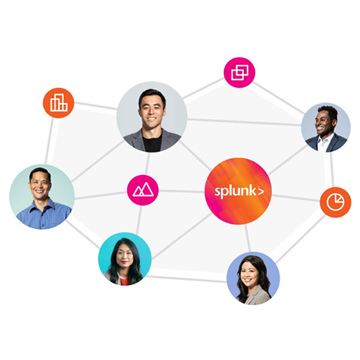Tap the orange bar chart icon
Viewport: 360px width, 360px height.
pyautogui.click(x=58, y=103)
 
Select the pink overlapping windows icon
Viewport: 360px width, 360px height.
pyautogui.click(x=240, y=73)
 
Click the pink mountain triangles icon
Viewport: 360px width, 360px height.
pyautogui.click(x=143, y=190)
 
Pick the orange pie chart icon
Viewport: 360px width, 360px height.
pyautogui.click(x=336, y=202)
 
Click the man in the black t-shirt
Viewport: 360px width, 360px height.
pyautogui.click(x=152, y=117)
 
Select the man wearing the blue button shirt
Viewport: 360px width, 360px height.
pyautogui.click(x=42, y=197)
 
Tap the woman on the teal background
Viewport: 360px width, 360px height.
pyautogui.click(x=125, y=258)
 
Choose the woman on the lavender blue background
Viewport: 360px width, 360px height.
pyautogui.click(x=253, y=279)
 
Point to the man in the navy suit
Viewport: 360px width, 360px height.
pyautogui.click(x=326, y=127)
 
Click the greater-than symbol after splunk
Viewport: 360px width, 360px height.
pyautogui.click(x=261, y=192)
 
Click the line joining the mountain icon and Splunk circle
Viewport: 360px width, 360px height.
pyautogui.click(x=181, y=191)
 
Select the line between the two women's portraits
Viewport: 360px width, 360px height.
pyautogui.click(x=186, y=279)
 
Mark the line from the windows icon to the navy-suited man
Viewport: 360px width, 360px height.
pyautogui.click(x=279, y=98)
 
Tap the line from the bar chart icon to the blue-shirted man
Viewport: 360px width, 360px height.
pyautogui.click(x=49, y=141)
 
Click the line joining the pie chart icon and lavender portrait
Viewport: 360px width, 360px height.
pyautogui.click(x=301, y=239)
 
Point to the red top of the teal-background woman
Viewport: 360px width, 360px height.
pyautogui.click(x=124, y=281)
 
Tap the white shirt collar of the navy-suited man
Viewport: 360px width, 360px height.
pyautogui.click(x=323, y=142)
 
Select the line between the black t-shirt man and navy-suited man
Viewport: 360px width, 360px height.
pyautogui.click(x=244, y=122)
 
